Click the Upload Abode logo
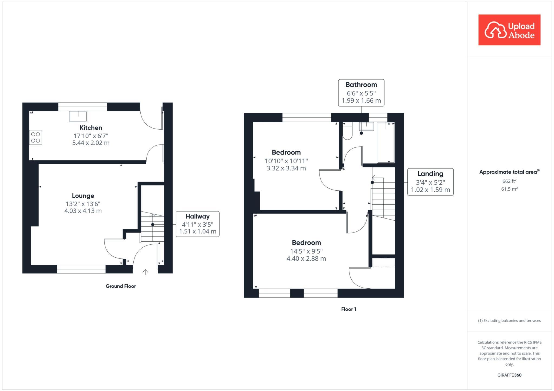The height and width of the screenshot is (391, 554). point(509,30)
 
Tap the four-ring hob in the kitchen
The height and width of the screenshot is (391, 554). point(36,137)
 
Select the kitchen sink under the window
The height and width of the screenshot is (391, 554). point(78,116)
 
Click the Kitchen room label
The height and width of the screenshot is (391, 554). point(91,128)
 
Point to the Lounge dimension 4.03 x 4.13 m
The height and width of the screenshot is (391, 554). point(83,211)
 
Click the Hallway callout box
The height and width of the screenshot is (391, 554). point(197,224)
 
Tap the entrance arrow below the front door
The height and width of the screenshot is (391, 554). point(145,272)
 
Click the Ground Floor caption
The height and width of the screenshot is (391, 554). point(121,286)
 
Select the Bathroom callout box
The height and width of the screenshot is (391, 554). point(361,93)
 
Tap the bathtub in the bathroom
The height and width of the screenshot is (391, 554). point(386,143)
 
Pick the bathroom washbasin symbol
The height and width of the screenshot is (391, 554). point(366,126)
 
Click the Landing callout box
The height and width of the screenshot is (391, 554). point(430,182)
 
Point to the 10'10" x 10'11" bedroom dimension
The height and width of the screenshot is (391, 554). point(286,161)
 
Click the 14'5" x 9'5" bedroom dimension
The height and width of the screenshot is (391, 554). point(306,251)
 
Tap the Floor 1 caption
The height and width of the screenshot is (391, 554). point(348,309)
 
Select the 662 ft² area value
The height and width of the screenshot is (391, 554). point(509,181)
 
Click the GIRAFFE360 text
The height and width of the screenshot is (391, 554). point(509,375)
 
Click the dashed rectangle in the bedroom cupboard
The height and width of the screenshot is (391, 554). point(383,262)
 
